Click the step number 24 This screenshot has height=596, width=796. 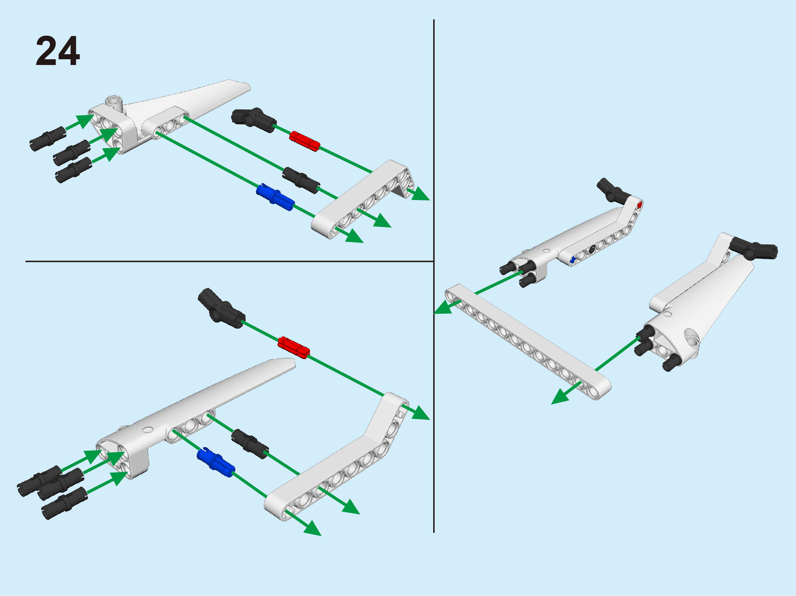pos(58,51)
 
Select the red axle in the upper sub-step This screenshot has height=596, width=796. pos(305,141)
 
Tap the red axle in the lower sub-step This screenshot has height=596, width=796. pos(293,347)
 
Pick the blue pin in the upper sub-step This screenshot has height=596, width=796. pos(275,197)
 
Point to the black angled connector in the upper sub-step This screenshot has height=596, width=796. pos(253,120)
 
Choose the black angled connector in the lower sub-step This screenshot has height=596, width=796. pos(221,308)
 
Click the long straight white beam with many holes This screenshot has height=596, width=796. pos(528,341)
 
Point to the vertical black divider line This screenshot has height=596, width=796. pos(434,276)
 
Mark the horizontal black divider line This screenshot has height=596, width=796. pos(229,262)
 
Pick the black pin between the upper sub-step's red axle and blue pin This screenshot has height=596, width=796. pos(301,180)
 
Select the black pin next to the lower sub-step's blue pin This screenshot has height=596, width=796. pos(250,443)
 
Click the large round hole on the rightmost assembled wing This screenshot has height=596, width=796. pos(691,338)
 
